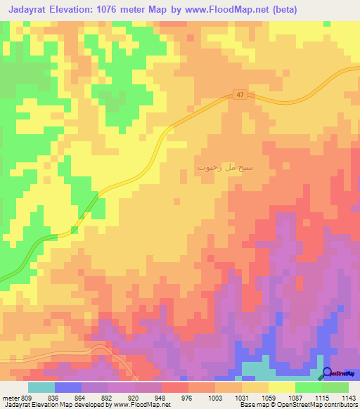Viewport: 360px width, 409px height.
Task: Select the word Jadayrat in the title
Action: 32,10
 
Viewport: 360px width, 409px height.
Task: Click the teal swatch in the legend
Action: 41,387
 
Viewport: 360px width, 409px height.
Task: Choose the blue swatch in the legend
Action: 68,387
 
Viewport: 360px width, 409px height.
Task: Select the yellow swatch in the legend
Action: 282,387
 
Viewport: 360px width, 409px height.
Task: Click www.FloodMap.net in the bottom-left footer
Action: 140,405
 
